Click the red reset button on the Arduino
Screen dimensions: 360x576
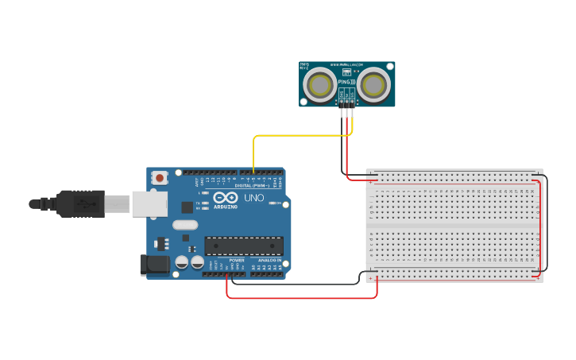tap(160, 177)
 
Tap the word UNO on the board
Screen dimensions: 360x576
tap(253, 198)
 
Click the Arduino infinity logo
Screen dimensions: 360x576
tap(225, 197)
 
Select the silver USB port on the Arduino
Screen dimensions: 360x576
tap(149, 203)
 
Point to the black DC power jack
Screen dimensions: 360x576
tap(154, 265)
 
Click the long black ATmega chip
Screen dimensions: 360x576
tap(243, 246)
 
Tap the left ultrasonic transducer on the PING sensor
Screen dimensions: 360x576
tap(321, 84)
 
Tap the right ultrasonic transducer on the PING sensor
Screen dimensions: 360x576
tap(373, 84)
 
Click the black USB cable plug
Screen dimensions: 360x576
tap(79, 203)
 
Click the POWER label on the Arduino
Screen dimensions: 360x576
tap(237, 260)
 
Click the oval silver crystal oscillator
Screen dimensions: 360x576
tap(184, 225)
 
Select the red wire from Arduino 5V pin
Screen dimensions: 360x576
tap(302, 298)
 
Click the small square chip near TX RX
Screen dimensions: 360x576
tap(187, 207)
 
